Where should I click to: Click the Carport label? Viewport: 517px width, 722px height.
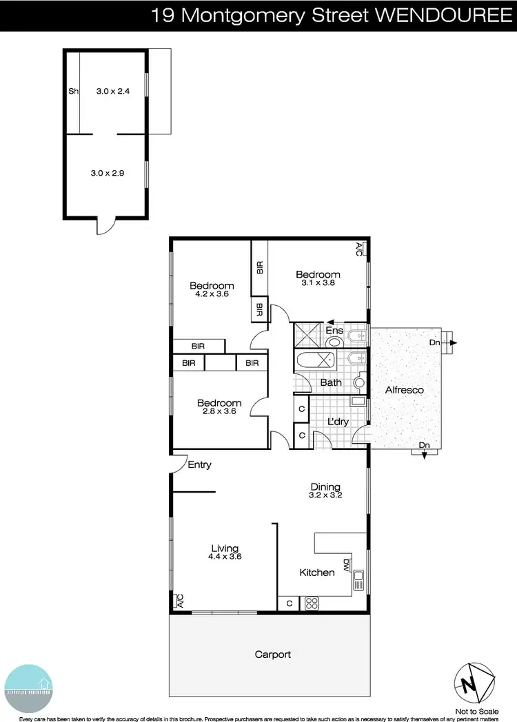coord(273,654)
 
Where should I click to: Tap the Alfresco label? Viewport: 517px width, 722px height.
coord(405,390)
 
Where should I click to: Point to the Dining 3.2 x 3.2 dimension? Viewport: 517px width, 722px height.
coord(326,495)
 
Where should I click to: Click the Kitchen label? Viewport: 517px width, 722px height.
coord(317,573)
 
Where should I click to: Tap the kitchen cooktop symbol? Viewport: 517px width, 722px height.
coord(312,604)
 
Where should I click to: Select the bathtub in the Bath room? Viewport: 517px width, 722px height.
coord(314,360)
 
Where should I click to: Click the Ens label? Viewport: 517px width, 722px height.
coord(335,330)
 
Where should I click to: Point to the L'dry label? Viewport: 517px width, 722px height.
coord(337,421)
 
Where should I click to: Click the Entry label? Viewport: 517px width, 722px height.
coord(199,465)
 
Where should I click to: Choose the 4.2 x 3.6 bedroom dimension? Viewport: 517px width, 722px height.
coord(212,294)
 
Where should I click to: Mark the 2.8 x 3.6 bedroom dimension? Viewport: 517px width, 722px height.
coord(219,411)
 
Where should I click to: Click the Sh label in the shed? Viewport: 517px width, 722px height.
coord(72,91)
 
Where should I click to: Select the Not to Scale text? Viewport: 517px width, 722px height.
coord(477,710)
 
